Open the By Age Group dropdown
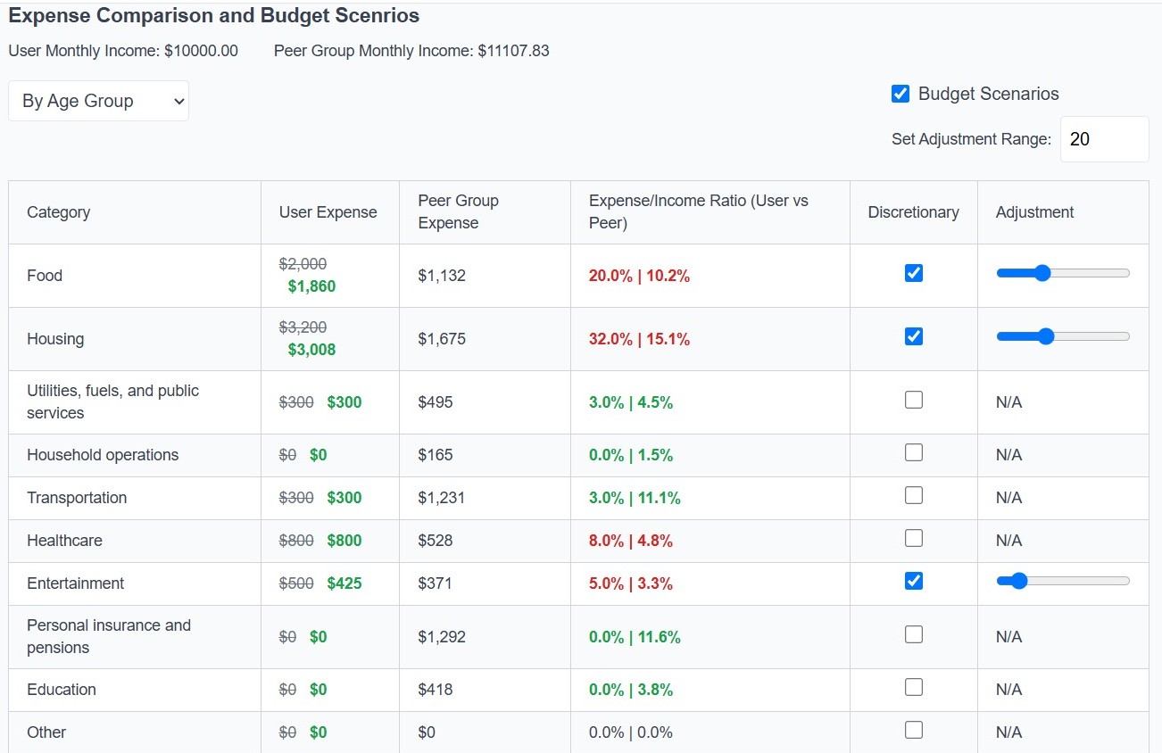pyautogui.click(x=98, y=101)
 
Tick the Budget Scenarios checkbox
pyautogui.click(x=901, y=94)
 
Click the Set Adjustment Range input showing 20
pyautogui.click(x=1103, y=139)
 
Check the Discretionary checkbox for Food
pyautogui.click(x=913, y=273)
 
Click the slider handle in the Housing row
pyautogui.click(x=1046, y=336)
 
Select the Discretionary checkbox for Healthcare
pyautogui.click(x=913, y=538)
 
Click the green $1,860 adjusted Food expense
pyautogui.click(x=311, y=286)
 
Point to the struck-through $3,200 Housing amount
pyautogui.click(x=303, y=327)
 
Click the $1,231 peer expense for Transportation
pyautogui.click(x=441, y=498)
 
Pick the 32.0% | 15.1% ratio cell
pyautogui.click(x=639, y=339)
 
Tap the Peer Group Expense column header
pyautogui.click(x=458, y=211)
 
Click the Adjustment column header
pyautogui.click(x=1034, y=212)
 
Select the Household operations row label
pyautogui.click(x=103, y=455)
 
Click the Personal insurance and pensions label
pyautogui.click(x=109, y=636)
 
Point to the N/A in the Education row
pyautogui.click(x=1008, y=690)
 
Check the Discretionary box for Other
pyautogui.click(x=913, y=730)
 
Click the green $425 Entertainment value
pyautogui.click(x=344, y=583)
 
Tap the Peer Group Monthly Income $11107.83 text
pyautogui.click(x=411, y=51)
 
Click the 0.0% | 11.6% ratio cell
pyautogui.click(x=634, y=637)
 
